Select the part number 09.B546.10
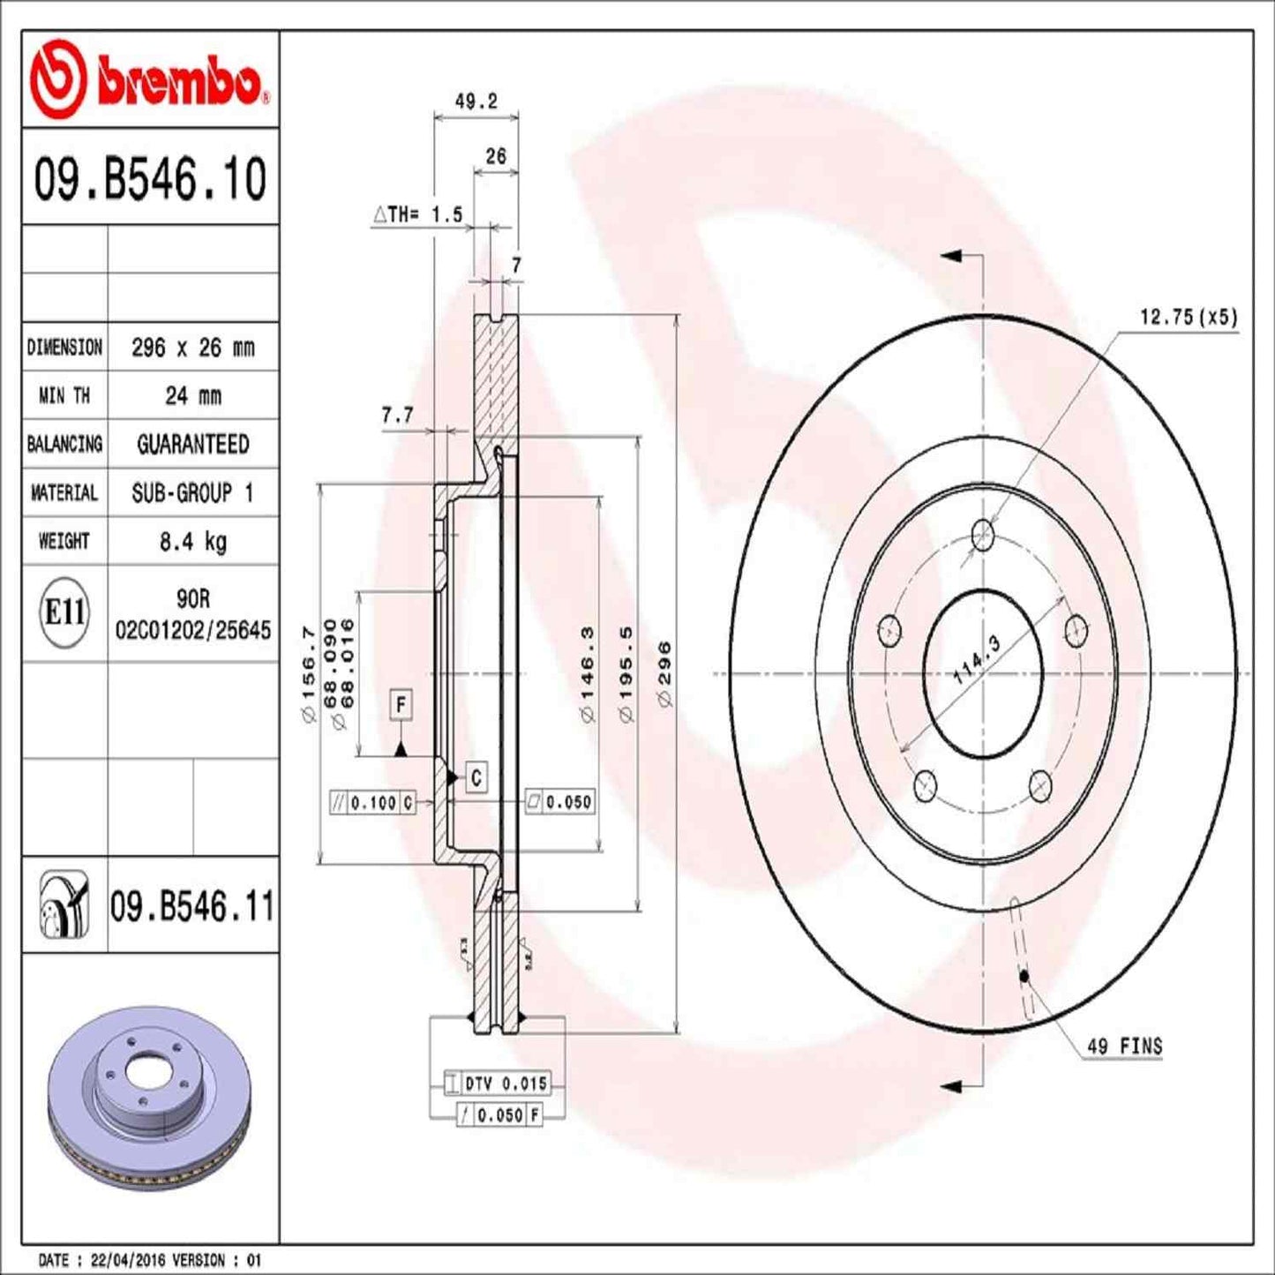pos(150,179)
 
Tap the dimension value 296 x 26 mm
pos(192,348)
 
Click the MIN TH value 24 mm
pos(192,396)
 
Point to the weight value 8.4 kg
pos(192,541)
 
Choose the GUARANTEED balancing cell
pos(192,445)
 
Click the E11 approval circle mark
pos(64,611)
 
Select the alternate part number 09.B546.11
pos(191,906)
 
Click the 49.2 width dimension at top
pos(476,101)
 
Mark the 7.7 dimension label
pos(397,415)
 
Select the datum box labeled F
pos(401,705)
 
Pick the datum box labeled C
pos(476,777)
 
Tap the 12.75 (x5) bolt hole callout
pos(1188,317)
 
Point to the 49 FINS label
pos(1124,1046)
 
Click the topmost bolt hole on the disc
pos(982,534)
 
